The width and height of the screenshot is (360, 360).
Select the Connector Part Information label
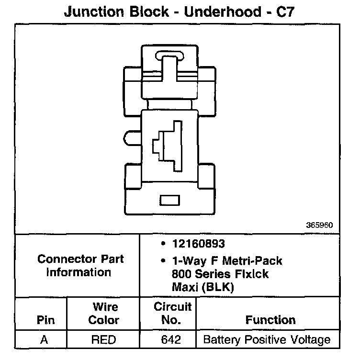coord(80,266)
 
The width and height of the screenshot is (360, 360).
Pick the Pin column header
coord(45,320)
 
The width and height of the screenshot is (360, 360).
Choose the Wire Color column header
coord(104,313)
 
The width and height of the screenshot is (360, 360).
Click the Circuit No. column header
coord(173,313)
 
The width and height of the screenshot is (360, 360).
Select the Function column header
coord(270,320)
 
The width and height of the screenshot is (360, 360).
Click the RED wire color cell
coord(103,340)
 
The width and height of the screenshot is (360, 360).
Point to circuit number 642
coord(171,340)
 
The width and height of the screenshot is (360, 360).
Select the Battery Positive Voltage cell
coord(267,340)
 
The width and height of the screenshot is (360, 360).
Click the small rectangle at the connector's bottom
coord(168,200)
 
